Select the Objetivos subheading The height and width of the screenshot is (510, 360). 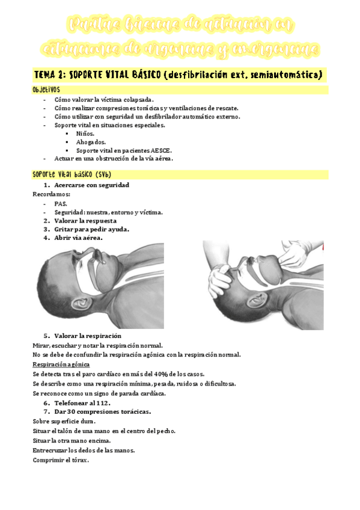coord(46,89)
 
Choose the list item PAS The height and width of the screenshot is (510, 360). coord(60,204)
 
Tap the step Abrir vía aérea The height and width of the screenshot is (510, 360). coord(78,238)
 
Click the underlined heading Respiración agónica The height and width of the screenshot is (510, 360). coord(61,364)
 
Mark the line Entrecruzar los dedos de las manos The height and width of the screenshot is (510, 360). coord(83,450)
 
